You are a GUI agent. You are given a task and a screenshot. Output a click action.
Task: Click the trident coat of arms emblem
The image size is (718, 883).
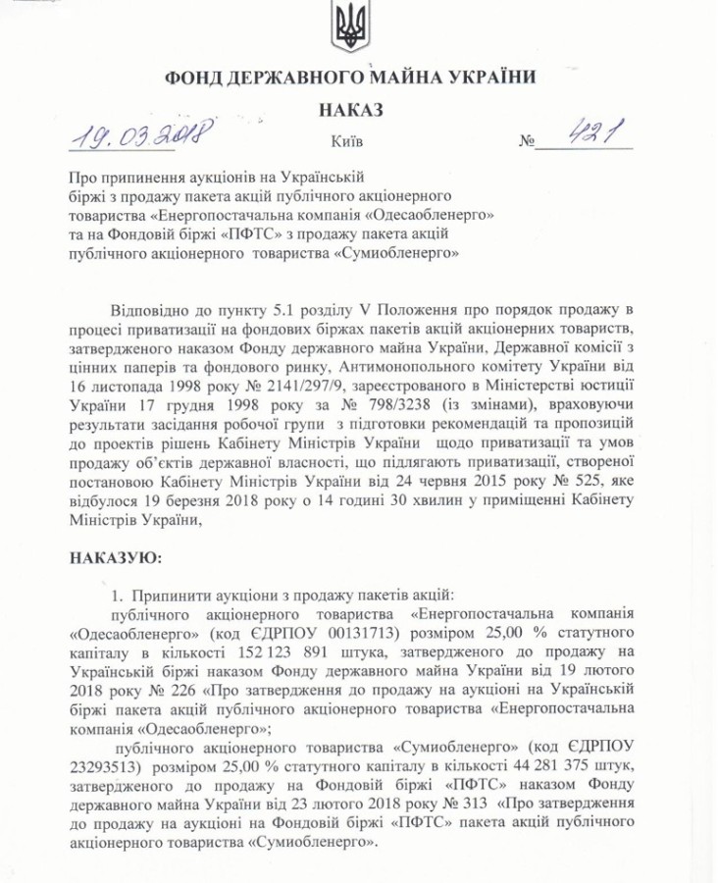point(350,26)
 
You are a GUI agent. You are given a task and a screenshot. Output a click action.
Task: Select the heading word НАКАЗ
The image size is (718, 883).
point(350,110)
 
